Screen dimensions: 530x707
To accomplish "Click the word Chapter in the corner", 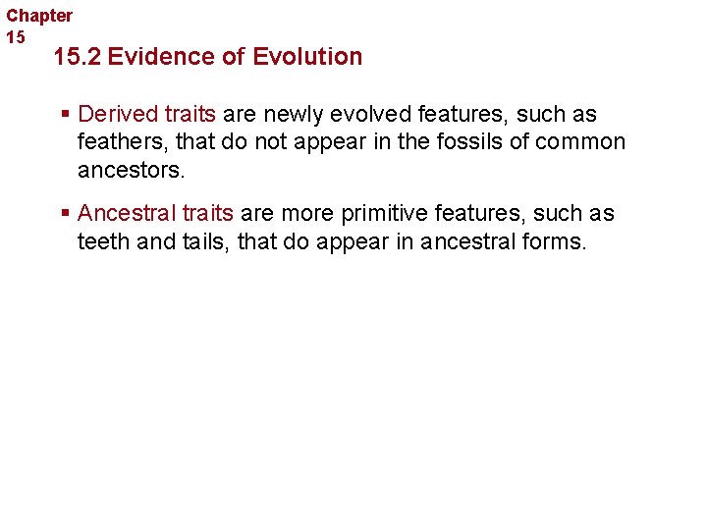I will (39, 16).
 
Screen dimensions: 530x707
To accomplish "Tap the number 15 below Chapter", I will (16, 36).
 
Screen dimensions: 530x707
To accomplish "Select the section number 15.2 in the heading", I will (77, 57).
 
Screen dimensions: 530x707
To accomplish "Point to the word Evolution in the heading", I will (307, 57).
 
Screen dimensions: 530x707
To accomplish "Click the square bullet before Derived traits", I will (65, 115).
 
